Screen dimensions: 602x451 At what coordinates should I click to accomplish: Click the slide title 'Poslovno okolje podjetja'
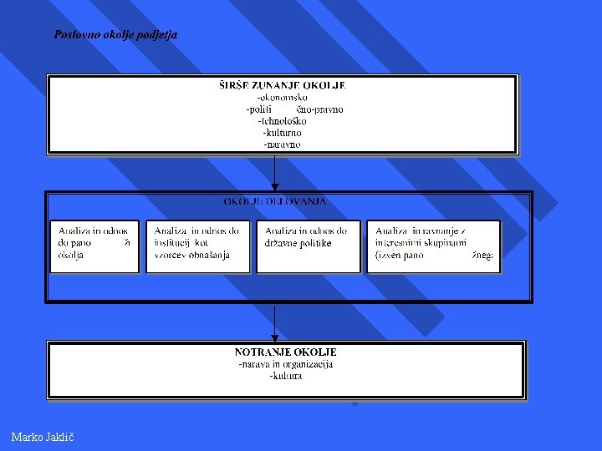tap(115, 35)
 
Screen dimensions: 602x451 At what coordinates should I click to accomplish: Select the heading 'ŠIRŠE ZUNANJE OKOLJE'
tap(283, 85)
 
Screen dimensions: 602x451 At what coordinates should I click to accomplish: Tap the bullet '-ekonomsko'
tap(283, 97)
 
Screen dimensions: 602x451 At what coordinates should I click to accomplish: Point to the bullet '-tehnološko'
tap(283, 120)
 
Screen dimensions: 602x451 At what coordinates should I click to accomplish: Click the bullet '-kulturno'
tap(283, 132)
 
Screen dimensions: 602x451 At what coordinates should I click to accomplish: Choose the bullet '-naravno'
tap(283, 144)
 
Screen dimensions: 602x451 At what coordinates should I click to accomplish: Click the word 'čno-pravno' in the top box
tap(319, 109)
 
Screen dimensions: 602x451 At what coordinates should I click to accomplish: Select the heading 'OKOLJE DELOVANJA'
tap(275, 201)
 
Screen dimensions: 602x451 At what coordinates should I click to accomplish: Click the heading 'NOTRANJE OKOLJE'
tap(285, 352)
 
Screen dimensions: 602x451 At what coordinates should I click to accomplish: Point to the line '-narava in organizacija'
tap(285, 363)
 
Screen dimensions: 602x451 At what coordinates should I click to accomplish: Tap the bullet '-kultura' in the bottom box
tap(285, 376)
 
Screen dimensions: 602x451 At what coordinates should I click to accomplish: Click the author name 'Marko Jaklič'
tap(43, 437)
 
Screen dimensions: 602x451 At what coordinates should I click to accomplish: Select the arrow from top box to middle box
tap(274, 173)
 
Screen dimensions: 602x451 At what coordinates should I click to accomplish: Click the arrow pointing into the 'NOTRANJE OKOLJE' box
tap(274, 322)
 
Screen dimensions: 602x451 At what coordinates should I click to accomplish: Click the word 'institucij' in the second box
tap(173, 243)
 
